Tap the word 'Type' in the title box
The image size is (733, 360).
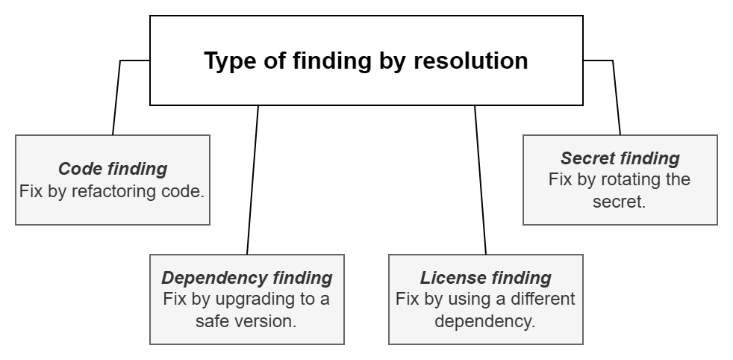pos(227,60)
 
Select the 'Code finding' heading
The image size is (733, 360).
pos(113,169)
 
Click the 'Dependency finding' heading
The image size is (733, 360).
pos(247,278)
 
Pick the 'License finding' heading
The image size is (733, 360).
pos(486,278)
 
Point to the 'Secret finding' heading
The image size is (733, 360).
pos(620,158)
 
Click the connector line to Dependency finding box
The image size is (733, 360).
pos(252,179)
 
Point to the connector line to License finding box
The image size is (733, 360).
pos(481,179)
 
